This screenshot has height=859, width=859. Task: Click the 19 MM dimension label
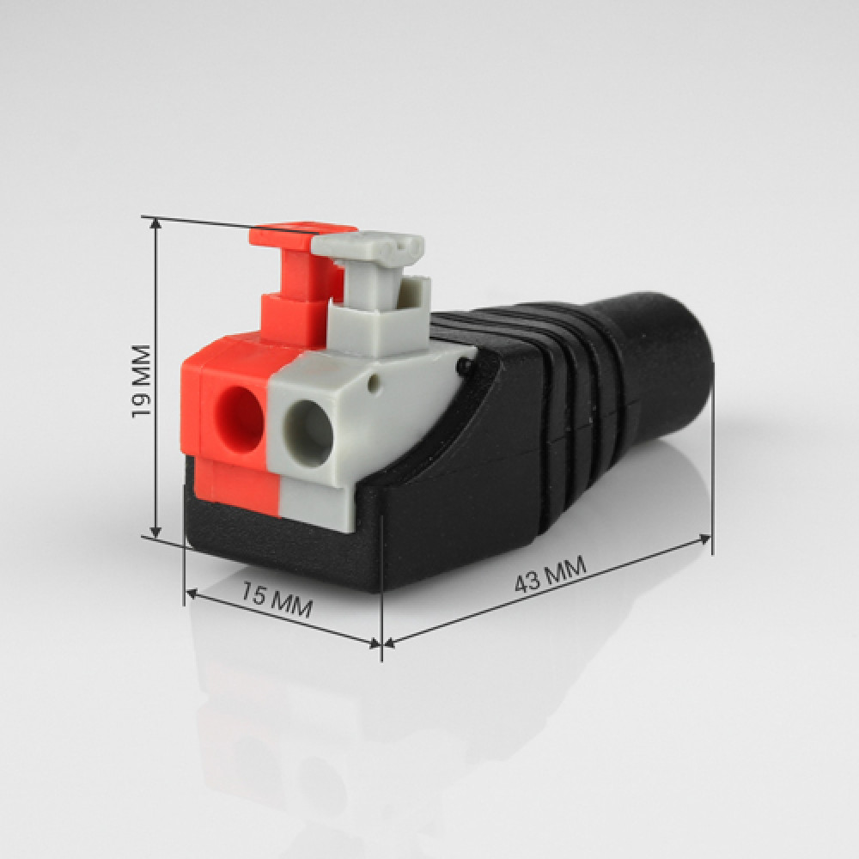pos(141,381)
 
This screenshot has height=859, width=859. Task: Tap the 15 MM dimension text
pos(277,601)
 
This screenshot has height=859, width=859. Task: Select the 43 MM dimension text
pos(550,574)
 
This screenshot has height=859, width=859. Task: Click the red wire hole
pos(240,420)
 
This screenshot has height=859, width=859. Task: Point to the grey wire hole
pos(309,433)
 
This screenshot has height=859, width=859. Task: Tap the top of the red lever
pos(303,234)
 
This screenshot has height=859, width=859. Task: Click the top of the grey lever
pos(369,247)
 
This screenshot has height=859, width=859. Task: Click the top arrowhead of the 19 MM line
pos(156,223)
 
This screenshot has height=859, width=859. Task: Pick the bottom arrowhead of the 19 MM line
pos(156,532)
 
